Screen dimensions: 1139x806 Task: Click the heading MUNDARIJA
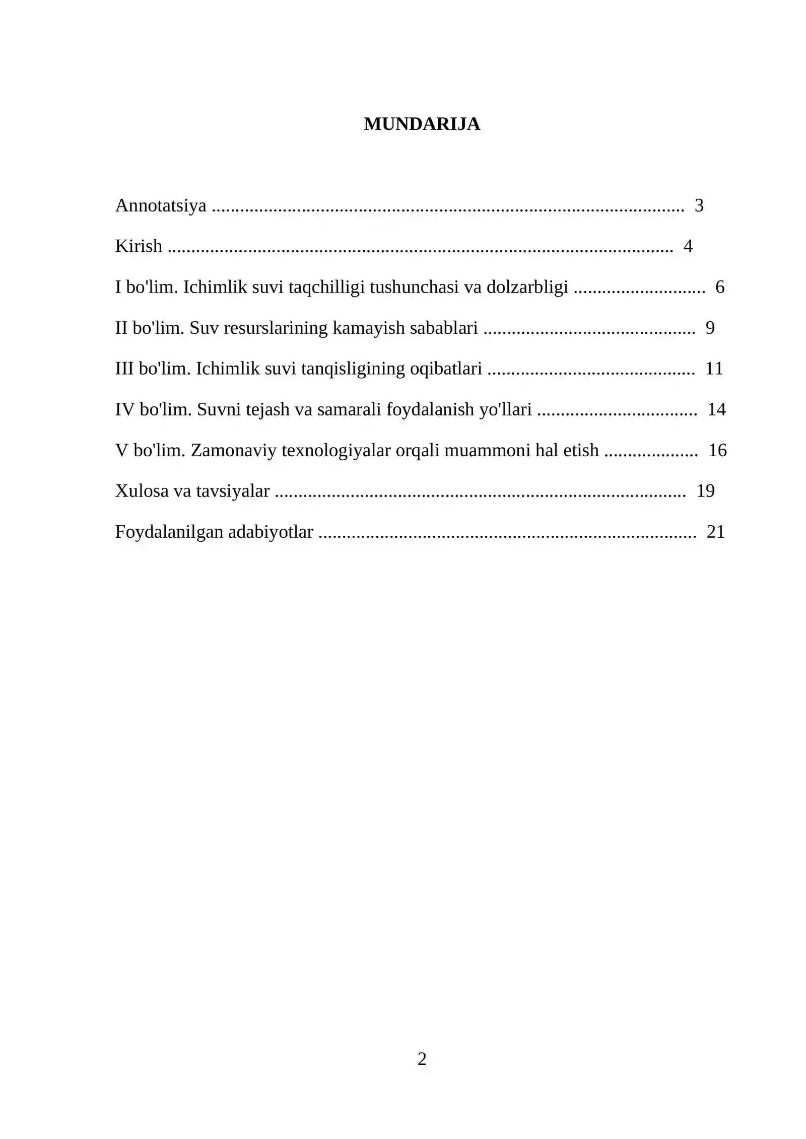pos(422,124)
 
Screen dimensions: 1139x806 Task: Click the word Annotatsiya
pos(161,205)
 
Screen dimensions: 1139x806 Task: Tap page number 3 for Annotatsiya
pos(699,205)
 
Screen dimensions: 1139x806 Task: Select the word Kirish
pos(139,246)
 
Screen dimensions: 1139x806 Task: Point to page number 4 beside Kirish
pos(688,246)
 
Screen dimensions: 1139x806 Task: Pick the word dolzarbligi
pos(527,287)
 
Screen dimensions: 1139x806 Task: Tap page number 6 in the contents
pos(719,287)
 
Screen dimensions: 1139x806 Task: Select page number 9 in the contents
pos(710,328)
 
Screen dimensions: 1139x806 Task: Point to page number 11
pos(714,369)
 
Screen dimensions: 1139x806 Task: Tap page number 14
pos(716,409)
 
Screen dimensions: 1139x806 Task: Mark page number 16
pos(717,450)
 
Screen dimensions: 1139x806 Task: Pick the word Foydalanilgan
pos(169,532)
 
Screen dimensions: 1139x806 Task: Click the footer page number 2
pos(422,1059)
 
